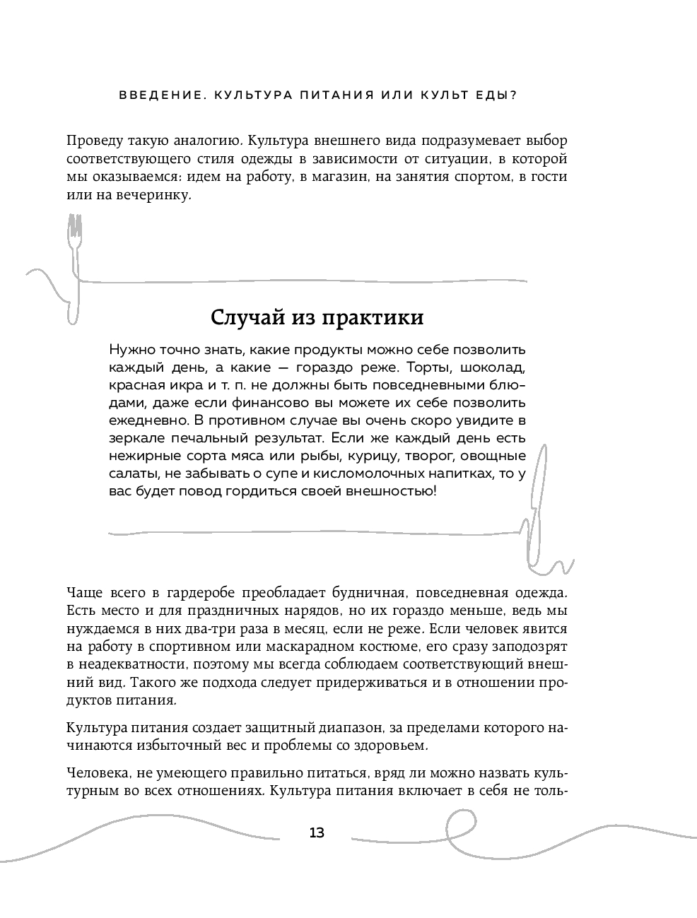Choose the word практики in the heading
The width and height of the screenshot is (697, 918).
(x=373, y=317)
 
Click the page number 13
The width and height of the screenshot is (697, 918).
(x=317, y=832)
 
